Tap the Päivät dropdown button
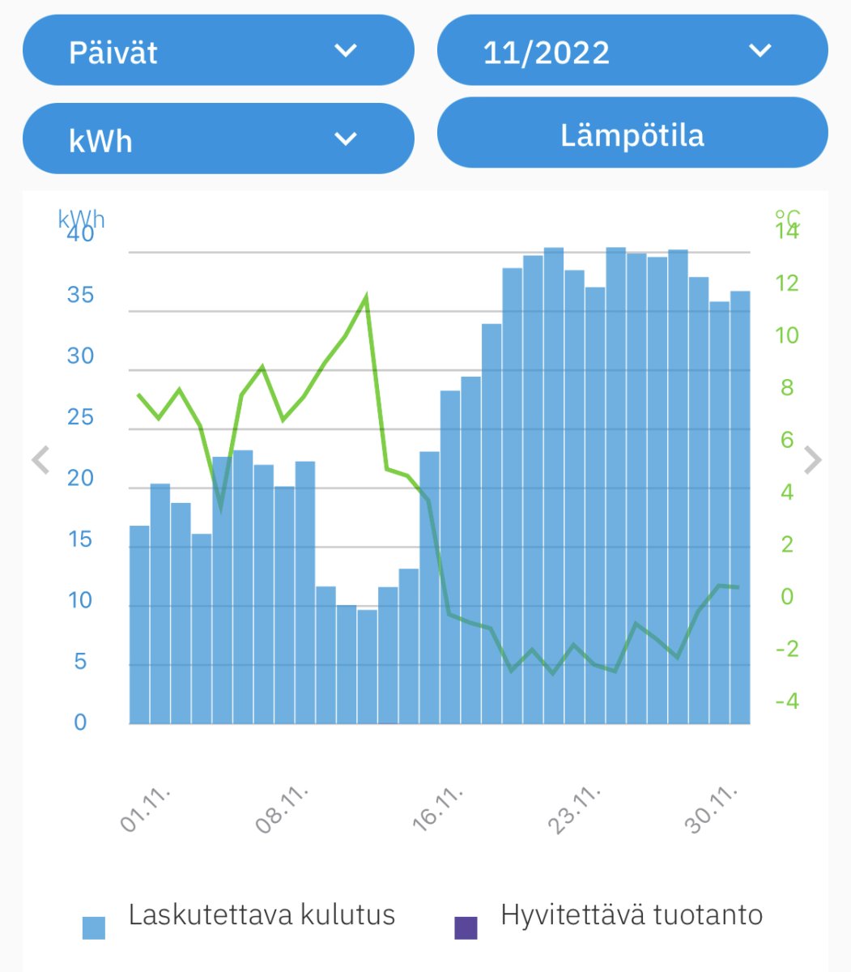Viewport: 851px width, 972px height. (218, 50)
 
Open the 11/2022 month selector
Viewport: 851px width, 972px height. (632, 50)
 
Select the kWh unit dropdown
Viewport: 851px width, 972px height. (218, 139)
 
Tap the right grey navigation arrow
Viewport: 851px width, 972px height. (812, 460)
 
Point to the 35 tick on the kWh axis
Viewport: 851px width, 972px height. (80, 295)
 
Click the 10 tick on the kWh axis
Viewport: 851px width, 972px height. (80, 600)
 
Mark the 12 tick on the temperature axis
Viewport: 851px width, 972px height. (786, 283)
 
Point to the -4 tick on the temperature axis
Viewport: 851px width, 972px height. (786, 701)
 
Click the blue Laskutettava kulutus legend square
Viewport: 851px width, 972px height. (94, 927)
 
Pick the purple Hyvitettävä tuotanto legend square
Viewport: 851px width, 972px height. (466, 927)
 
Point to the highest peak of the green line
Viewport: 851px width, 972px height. (366, 296)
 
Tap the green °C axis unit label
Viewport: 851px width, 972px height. (788, 216)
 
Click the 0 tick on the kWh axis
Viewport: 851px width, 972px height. (80, 722)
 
